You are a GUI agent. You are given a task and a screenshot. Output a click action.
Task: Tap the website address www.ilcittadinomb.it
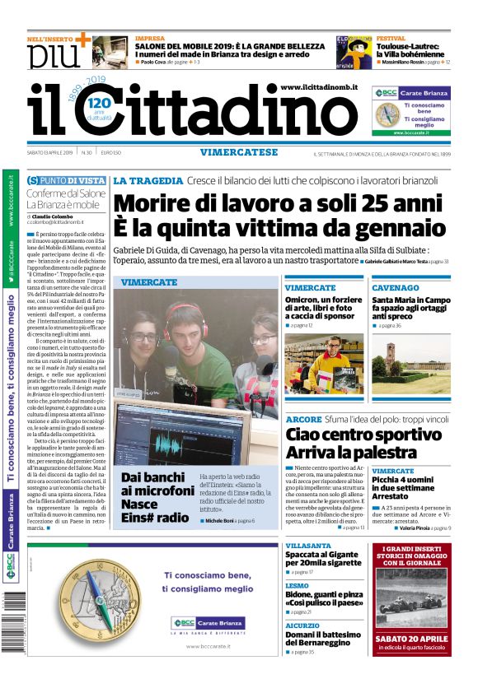click(x=318, y=87)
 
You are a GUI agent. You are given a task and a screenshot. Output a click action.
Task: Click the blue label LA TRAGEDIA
click(x=148, y=180)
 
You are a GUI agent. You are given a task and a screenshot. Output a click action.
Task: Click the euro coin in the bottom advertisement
click(x=82, y=600)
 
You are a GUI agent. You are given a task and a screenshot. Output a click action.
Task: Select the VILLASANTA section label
click(x=308, y=546)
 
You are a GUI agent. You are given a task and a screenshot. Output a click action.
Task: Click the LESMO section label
click(x=297, y=585)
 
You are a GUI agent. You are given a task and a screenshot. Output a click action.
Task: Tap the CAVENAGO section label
click(x=395, y=288)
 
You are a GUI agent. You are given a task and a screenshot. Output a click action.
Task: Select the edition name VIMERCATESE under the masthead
click(x=238, y=152)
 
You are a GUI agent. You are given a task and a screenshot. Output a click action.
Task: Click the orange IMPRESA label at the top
click(x=149, y=39)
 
